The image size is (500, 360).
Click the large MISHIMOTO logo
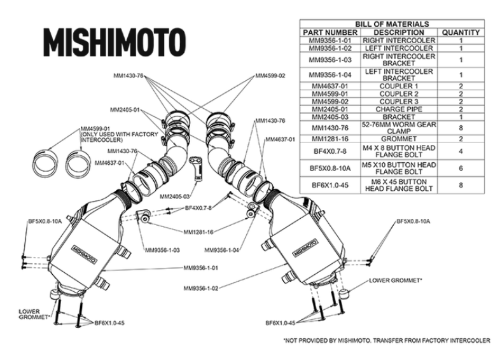[x=114, y=41]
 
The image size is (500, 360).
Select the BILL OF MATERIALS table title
[x=391, y=24]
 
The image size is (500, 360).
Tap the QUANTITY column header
[x=461, y=32]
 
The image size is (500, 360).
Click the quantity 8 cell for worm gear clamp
[x=461, y=127]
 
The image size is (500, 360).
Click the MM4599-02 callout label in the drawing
[x=270, y=76]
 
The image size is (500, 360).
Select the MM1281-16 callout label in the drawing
[x=198, y=232]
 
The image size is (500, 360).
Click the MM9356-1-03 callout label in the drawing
[x=162, y=250]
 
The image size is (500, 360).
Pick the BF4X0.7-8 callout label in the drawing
[x=198, y=208]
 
